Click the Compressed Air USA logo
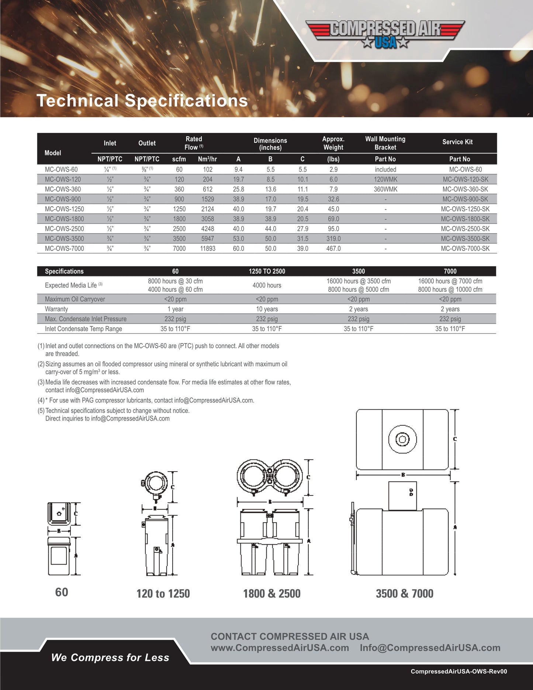coord(385,34)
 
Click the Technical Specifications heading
coord(142,101)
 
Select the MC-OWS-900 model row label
coord(63,199)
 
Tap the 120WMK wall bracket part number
coord(385,179)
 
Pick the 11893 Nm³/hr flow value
coord(208,249)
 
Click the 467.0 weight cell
coord(333,249)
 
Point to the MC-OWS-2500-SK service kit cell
coord(465,229)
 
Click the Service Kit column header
coord(457,142)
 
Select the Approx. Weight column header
coord(333,143)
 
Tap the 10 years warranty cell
coord(267,309)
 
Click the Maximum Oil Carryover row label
coord(75,299)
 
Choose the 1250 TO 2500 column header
coord(267,271)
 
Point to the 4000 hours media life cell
coord(267,285)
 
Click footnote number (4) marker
coord(41,400)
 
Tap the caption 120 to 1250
coord(163,594)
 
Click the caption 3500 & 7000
coord(405,594)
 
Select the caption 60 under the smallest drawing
coord(62,592)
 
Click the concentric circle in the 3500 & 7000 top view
coord(402,439)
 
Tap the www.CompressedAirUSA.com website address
coord(280,648)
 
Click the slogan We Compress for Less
coord(110,658)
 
